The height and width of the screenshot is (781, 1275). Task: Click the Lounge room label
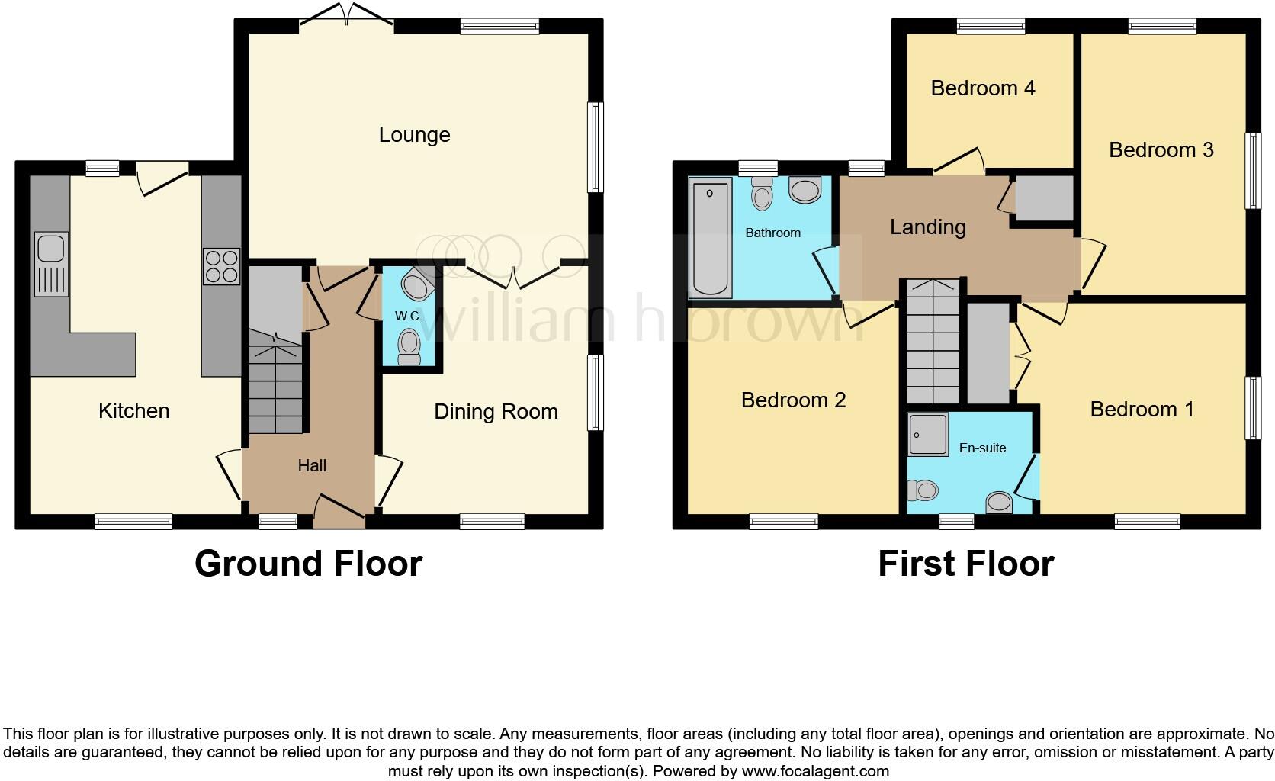coord(414,135)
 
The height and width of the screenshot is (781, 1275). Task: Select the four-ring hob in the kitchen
coord(221,266)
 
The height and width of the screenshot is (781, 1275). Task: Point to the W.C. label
coord(408,316)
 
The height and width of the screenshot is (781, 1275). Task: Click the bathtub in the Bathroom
coord(710,238)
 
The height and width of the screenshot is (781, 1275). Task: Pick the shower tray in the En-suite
coord(928,435)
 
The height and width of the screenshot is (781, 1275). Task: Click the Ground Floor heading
coord(308,564)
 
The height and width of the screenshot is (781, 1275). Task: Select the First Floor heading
coord(965,564)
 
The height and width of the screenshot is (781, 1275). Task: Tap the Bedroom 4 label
coord(982,88)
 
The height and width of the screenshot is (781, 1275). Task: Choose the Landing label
coord(927,227)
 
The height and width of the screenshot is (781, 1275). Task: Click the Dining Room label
coord(496,412)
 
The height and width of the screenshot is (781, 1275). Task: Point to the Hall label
coord(312,465)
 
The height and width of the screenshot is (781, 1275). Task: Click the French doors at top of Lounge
coord(347,15)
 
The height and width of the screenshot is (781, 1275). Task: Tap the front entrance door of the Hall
coord(339,509)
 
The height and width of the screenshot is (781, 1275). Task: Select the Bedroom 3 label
coord(1161,150)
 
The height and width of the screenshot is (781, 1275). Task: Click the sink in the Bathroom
coord(805,189)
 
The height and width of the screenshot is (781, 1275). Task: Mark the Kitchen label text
coord(133,411)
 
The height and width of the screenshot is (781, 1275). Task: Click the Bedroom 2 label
coord(793,400)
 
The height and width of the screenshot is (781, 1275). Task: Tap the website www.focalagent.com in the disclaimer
coord(814,771)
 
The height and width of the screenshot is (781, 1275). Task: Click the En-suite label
coord(982,448)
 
